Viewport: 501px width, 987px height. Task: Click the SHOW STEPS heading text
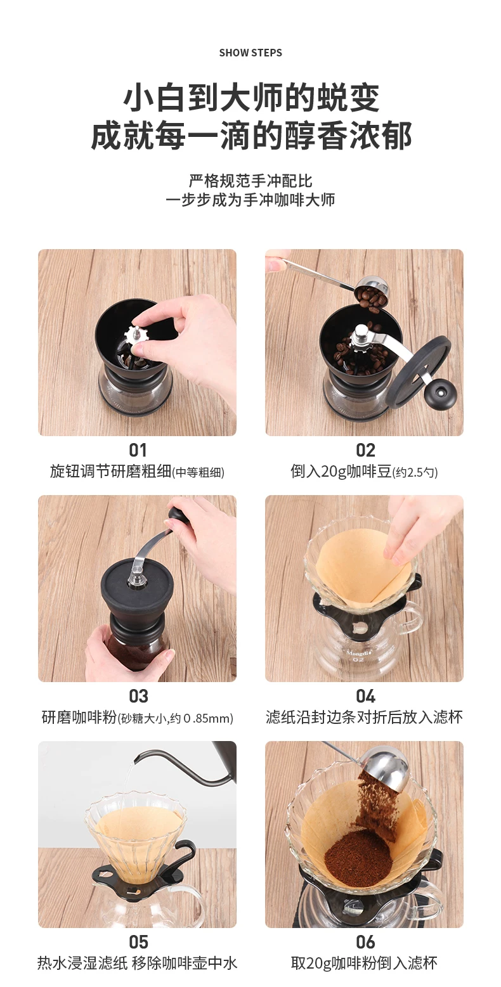[x=251, y=53]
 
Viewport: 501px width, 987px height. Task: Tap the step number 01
[x=138, y=450]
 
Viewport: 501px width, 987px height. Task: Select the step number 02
[x=365, y=450]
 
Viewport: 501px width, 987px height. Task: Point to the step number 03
[x=138, y=696]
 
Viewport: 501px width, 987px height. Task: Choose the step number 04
[x=365, y=696]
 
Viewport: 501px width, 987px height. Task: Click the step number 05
[x=138, y=942]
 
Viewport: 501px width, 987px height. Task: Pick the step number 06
[x=365, y=942]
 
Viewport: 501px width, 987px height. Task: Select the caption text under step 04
[x=364, y=718]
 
